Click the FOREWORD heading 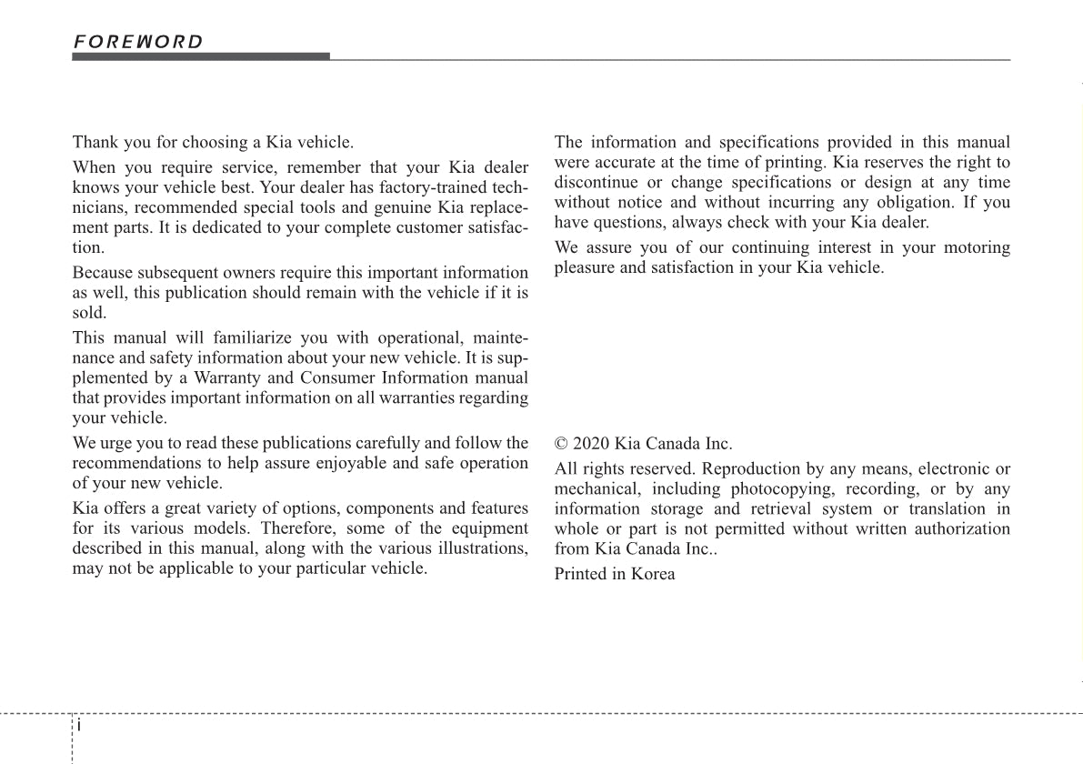[138, 42]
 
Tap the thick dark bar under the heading [201, 56]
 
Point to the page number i [79, 726]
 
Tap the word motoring [975, 247]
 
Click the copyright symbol [561, 444]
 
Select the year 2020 [591, 444]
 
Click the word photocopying [781, 489]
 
